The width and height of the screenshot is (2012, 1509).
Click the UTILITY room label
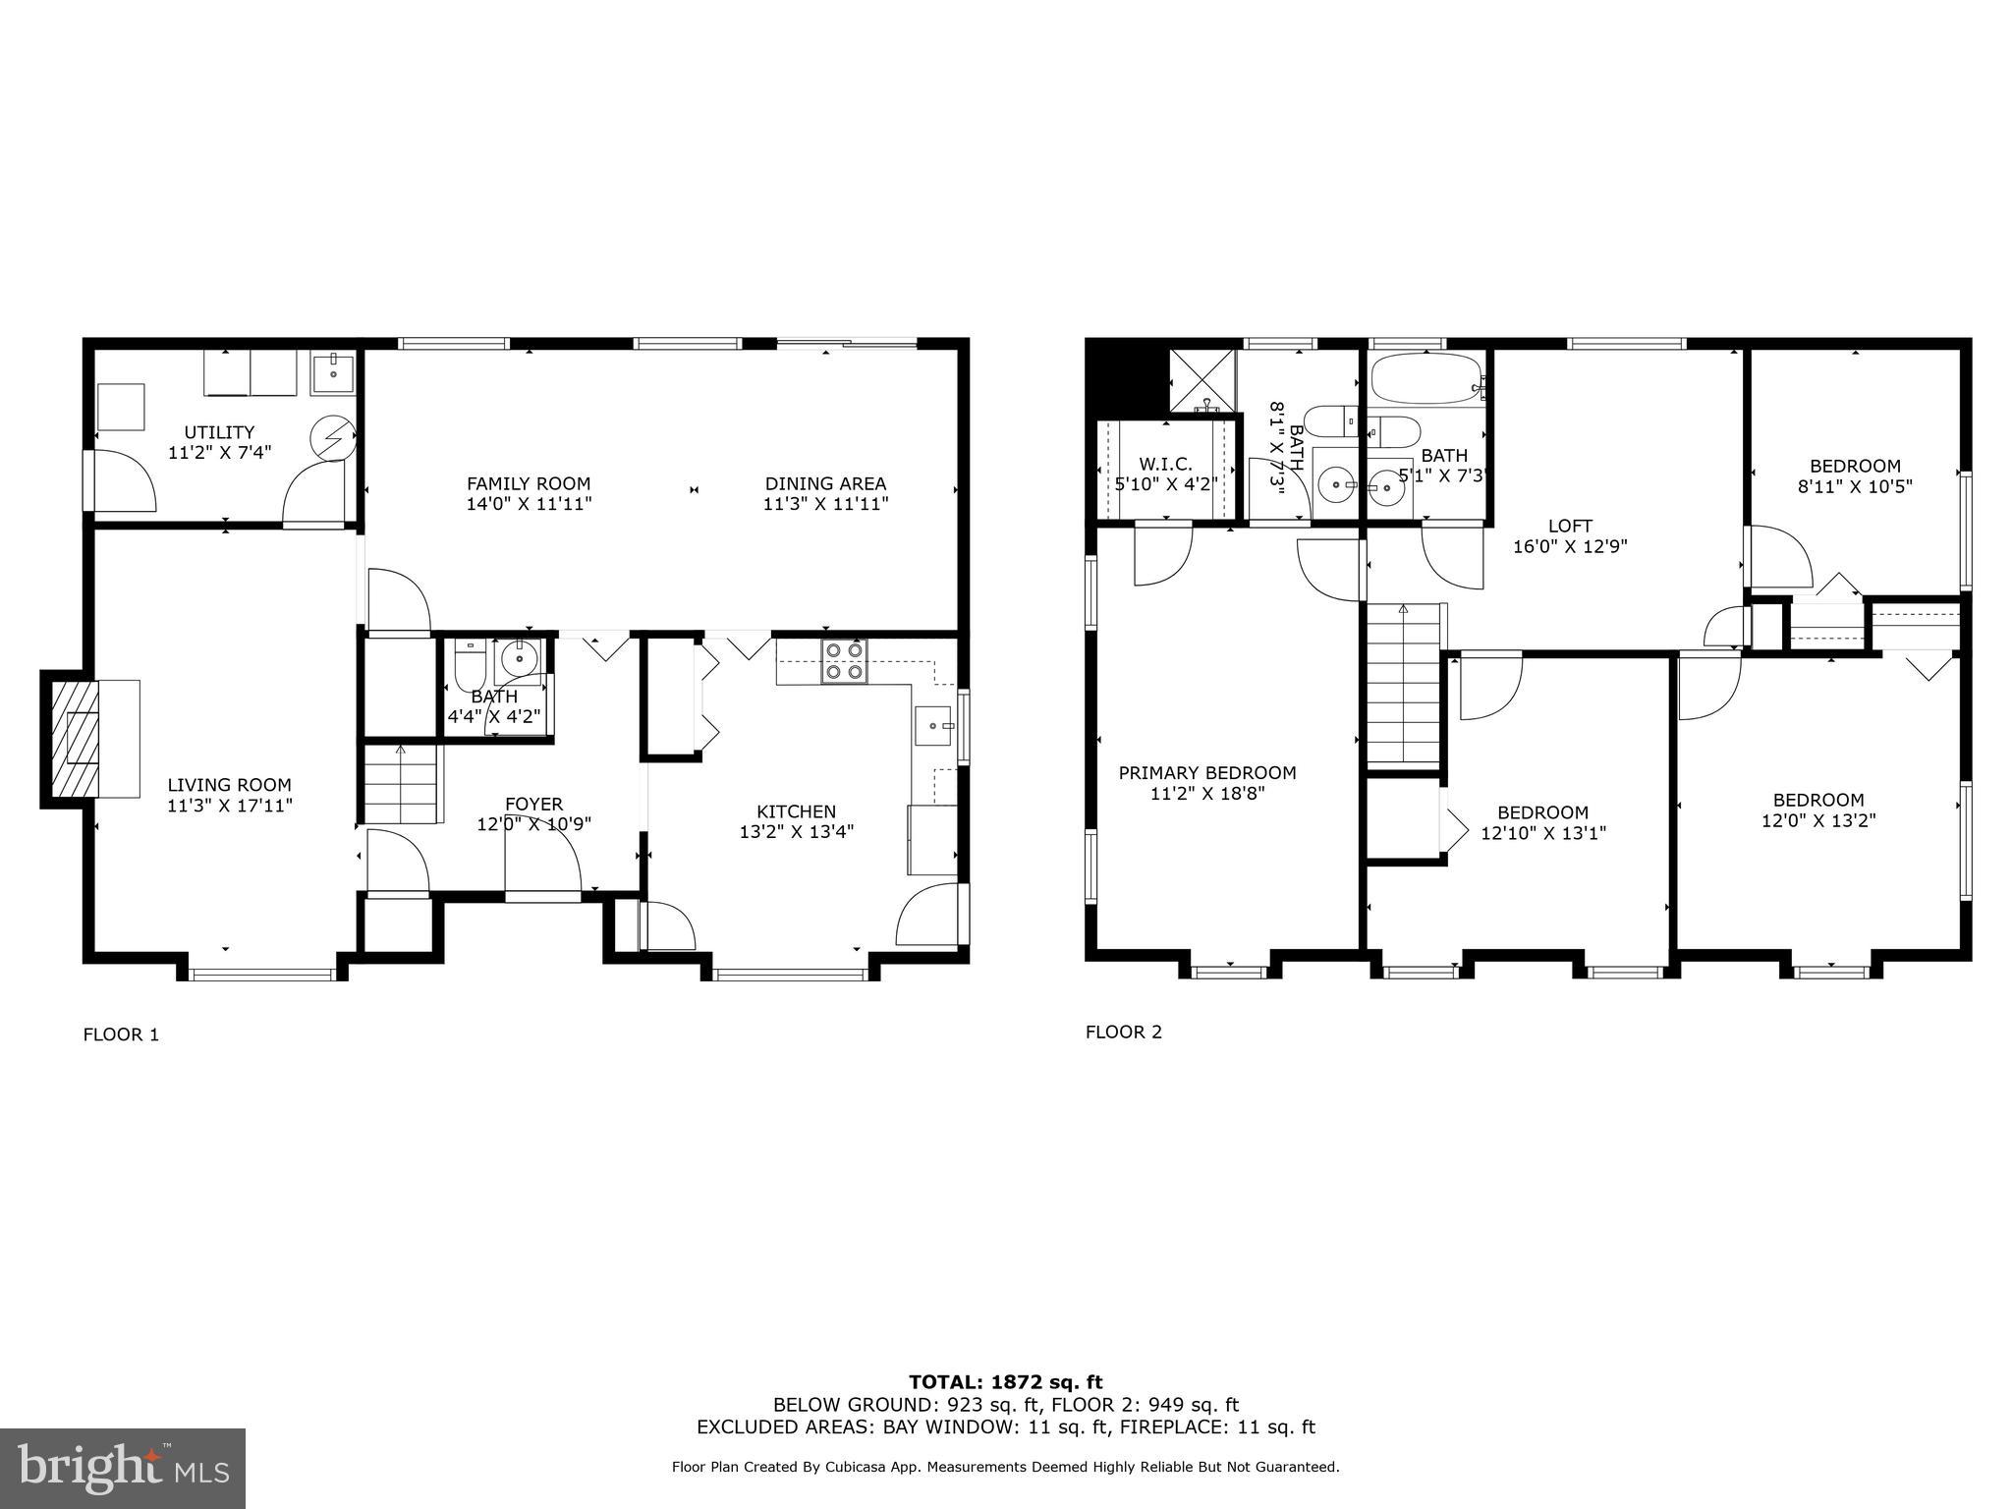point(219,432)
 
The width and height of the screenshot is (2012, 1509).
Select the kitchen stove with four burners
point(843,660)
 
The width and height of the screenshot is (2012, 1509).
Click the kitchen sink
point(933,727)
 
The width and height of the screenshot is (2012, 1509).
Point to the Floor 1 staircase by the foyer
point(401,784)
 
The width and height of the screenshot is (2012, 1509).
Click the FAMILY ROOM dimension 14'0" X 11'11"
point(529,504)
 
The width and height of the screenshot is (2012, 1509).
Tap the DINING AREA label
point(825,483)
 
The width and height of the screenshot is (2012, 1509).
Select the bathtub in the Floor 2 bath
point(1425,379)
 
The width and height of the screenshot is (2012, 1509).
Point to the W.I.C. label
point(1165,464)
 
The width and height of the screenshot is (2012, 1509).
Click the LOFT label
point(1570,526)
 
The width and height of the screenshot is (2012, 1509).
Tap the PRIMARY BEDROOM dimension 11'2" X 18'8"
point(1207,793)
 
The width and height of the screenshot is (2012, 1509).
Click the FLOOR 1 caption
point(121,1034)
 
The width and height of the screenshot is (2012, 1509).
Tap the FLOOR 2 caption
point(1123,1032)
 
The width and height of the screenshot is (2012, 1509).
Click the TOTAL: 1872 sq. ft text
point(1005,1382)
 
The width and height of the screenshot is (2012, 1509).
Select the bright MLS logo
point(123,1468)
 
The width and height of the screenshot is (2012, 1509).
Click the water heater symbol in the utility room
point(331,437)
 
